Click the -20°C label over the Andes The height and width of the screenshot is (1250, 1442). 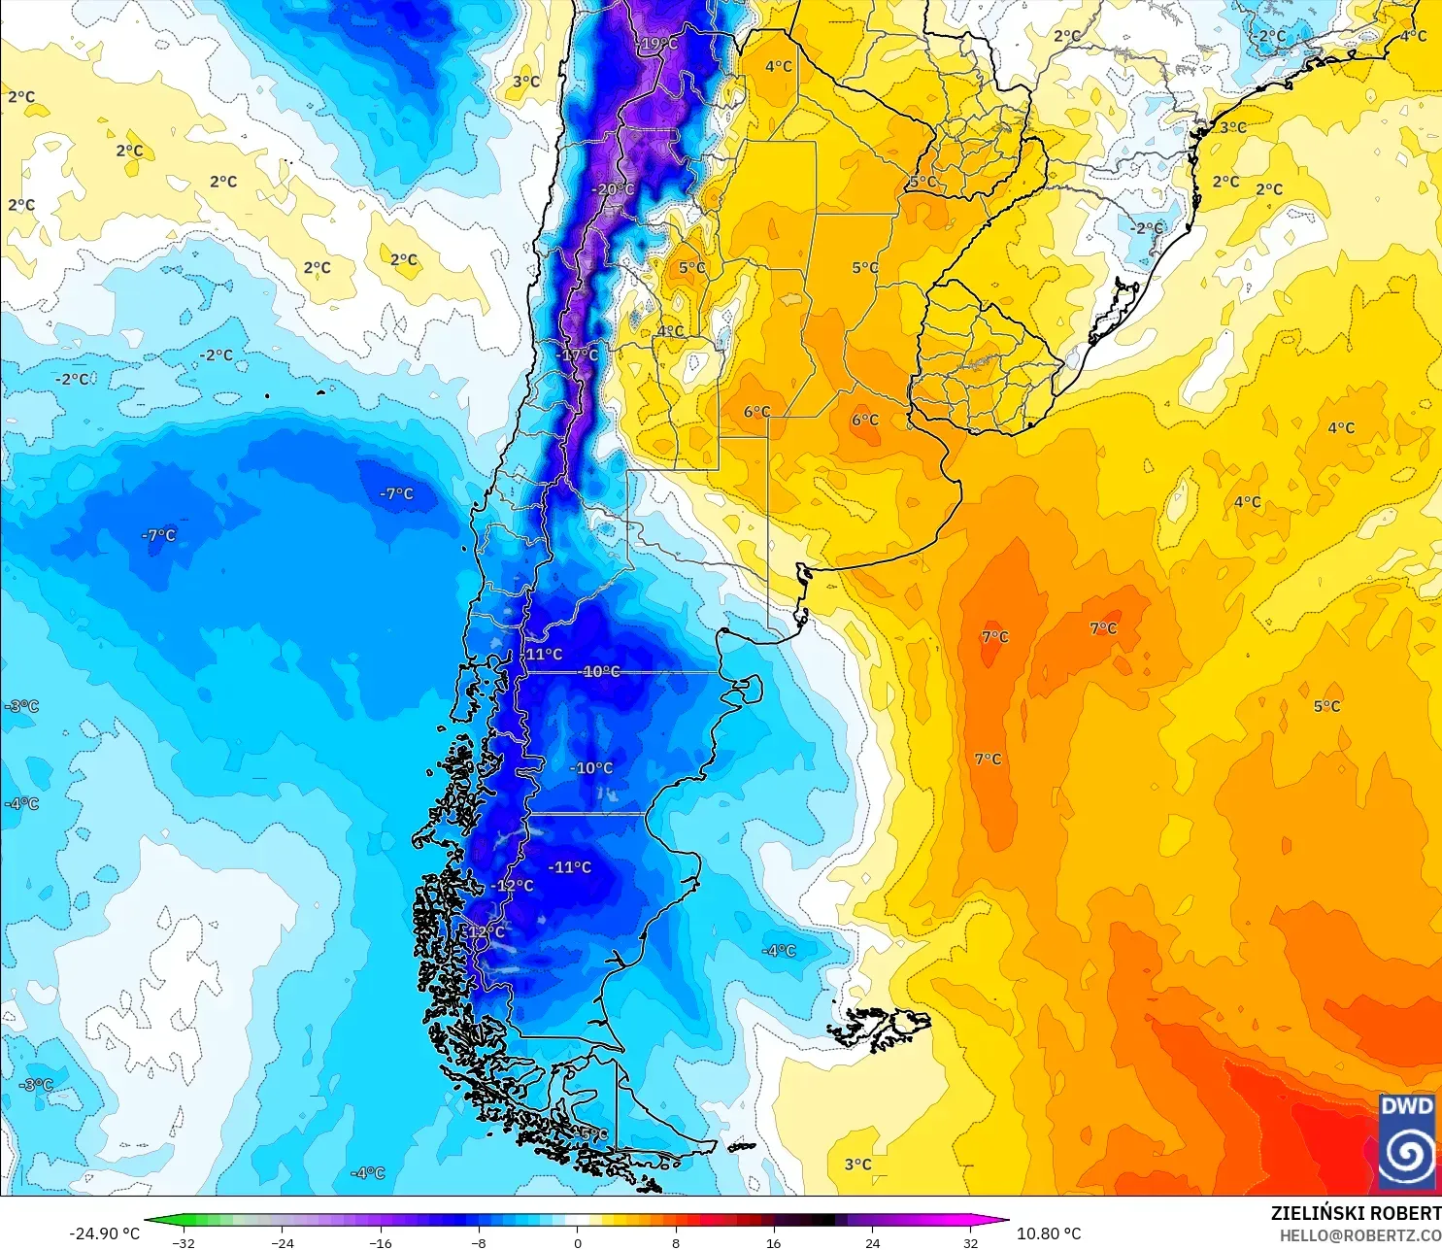coord(613,189)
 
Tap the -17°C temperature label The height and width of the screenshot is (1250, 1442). coord(578,355)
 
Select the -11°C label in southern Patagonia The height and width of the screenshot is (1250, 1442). coord(570,867)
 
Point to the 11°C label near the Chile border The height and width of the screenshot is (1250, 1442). coord(543,655)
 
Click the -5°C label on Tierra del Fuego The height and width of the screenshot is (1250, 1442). coord(592,1134)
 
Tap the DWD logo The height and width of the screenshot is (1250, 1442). coord(1407,1141)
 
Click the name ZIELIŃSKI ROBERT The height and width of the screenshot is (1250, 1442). coord(1356,1213)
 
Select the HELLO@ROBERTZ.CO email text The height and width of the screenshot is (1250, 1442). coord(1359,1235)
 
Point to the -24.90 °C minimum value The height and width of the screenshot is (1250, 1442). coord(104,1233)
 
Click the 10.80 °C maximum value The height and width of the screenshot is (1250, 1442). coord(1049,1233)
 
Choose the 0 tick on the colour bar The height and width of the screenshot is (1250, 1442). coord(577,1242)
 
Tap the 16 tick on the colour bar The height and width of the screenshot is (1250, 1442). coord(774,1242)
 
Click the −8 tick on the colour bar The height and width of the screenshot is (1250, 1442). coord(478,1242)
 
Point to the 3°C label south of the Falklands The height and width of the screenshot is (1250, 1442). coord(857,1165)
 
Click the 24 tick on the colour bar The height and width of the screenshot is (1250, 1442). coord(872,1242)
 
